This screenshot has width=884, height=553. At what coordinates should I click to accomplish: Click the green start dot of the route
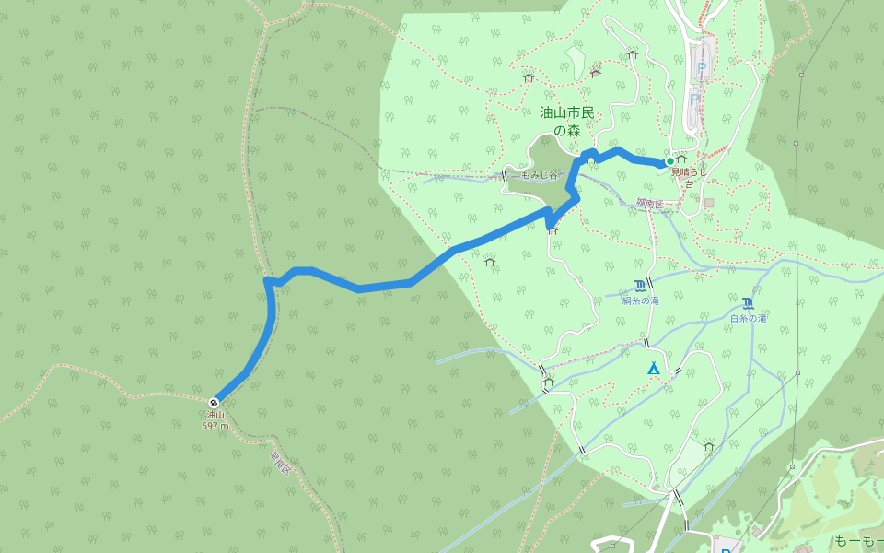coord(669,161)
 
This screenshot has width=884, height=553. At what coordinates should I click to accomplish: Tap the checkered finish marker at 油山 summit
coord(214,402)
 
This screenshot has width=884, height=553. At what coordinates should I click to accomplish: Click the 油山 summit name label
coord(214,417)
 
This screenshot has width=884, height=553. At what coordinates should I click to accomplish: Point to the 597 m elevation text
coord(215,427)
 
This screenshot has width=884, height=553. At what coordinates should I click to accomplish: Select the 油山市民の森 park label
coord(567,122)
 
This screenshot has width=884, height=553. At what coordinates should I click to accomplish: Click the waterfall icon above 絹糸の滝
coord(640,285)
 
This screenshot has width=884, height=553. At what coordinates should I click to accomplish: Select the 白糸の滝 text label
coord(748,318)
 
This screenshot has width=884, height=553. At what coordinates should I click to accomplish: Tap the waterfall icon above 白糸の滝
coord(748,303)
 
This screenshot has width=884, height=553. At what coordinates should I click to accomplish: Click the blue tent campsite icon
coord(653,369)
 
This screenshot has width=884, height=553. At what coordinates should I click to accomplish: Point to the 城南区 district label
coord(648,203)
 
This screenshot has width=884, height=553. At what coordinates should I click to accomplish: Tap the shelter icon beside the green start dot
coord(682,159)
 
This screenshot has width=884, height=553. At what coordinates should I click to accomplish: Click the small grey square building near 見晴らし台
coord(708,202)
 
